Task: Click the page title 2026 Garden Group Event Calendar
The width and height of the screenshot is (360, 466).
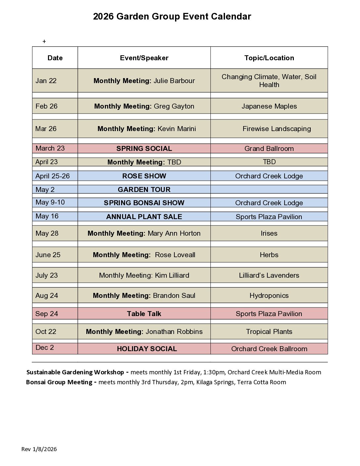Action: [x=172, y=17]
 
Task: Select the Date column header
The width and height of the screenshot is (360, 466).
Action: [x=55, y=58]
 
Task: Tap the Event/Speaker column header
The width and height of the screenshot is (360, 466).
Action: [x=144, y=58]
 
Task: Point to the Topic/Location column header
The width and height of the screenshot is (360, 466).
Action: [x=269, y=58]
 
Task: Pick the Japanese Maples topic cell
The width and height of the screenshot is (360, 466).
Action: [x=269, y=106]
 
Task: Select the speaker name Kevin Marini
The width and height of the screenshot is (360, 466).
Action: [x=177, y=129]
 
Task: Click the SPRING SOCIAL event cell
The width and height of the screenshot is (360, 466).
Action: [x=144, y=149]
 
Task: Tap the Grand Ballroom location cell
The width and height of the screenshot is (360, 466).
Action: [x=269, y=149]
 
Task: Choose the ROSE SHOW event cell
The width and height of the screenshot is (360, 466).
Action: [x=144, y=176]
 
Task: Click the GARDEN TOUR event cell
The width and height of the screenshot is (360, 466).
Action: [x=144, y=190]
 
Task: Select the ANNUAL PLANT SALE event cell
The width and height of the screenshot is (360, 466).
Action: [x=144, y=217]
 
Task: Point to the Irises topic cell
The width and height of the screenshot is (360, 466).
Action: [x=269, y=233]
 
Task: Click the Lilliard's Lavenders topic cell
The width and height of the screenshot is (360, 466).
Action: [x=269, y=275]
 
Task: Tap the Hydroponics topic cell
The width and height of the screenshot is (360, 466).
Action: [x=269, y=296]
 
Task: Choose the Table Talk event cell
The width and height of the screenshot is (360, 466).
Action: [x=144, y=314]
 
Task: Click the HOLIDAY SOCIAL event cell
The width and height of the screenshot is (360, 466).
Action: [x=147, y=349]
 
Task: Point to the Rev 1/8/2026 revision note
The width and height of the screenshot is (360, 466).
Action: [x=39, y=449]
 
